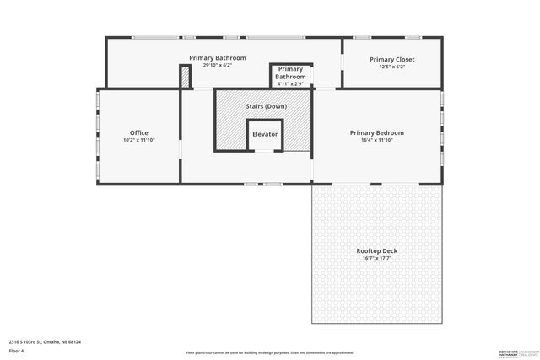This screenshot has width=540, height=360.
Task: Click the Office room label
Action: tap(139, 133)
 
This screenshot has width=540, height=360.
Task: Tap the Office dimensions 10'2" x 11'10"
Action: tap(139, 140)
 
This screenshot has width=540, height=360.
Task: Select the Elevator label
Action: tap(265, 135)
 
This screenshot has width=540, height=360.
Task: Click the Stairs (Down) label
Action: tap(265, 107)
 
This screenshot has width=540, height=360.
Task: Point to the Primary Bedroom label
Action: tap(377, 133)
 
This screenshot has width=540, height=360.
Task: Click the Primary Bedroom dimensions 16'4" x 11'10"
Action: tap(377, 140)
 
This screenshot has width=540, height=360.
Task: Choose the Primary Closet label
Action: tap(392, 59)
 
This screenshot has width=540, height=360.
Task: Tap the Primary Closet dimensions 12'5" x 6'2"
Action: tap(392, 67)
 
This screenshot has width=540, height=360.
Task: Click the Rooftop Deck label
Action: tap(377, 251)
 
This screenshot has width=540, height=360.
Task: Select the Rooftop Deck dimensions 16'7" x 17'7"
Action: tap(377, 258)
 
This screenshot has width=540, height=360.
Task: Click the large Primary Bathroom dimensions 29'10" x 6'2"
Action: tap(218, 66)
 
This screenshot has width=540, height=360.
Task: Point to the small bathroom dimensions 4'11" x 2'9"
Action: tap(290, 84)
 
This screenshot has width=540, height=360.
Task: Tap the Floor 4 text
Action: tap(17, 350)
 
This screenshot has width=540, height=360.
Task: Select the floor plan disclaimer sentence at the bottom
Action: tap(269, 352)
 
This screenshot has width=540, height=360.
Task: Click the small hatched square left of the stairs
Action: tap(186, 77)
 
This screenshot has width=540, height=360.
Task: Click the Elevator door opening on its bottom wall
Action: tap(264, 151)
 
